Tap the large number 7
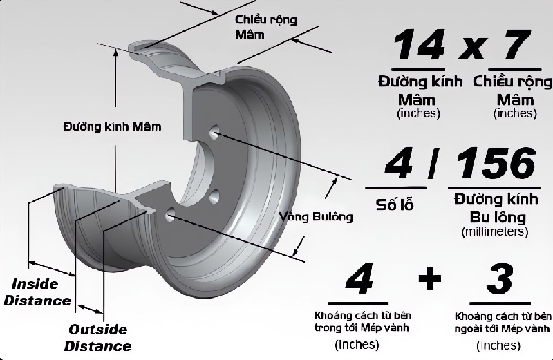pyautogui.click(x=512, y=46)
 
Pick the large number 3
pyautogui.click(x=500, y=280)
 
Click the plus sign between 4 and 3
pyautogui.click(x=429, y=278)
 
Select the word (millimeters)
pyautogui.click(x=494, y=231)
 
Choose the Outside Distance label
pyautogui.click(x=99, y=337)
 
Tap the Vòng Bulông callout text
pyautogui.click(x=316, y=216)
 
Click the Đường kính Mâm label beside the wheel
pyautogui.click(x=112, y=127)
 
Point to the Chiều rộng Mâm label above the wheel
pyautogui.click(x=265, y=27)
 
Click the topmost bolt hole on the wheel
pyautogui.click(x=213, y=131)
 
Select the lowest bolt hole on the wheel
pyautogui.click(x=169, y=216)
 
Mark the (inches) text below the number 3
pyautogui.click(x=498, y=344)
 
